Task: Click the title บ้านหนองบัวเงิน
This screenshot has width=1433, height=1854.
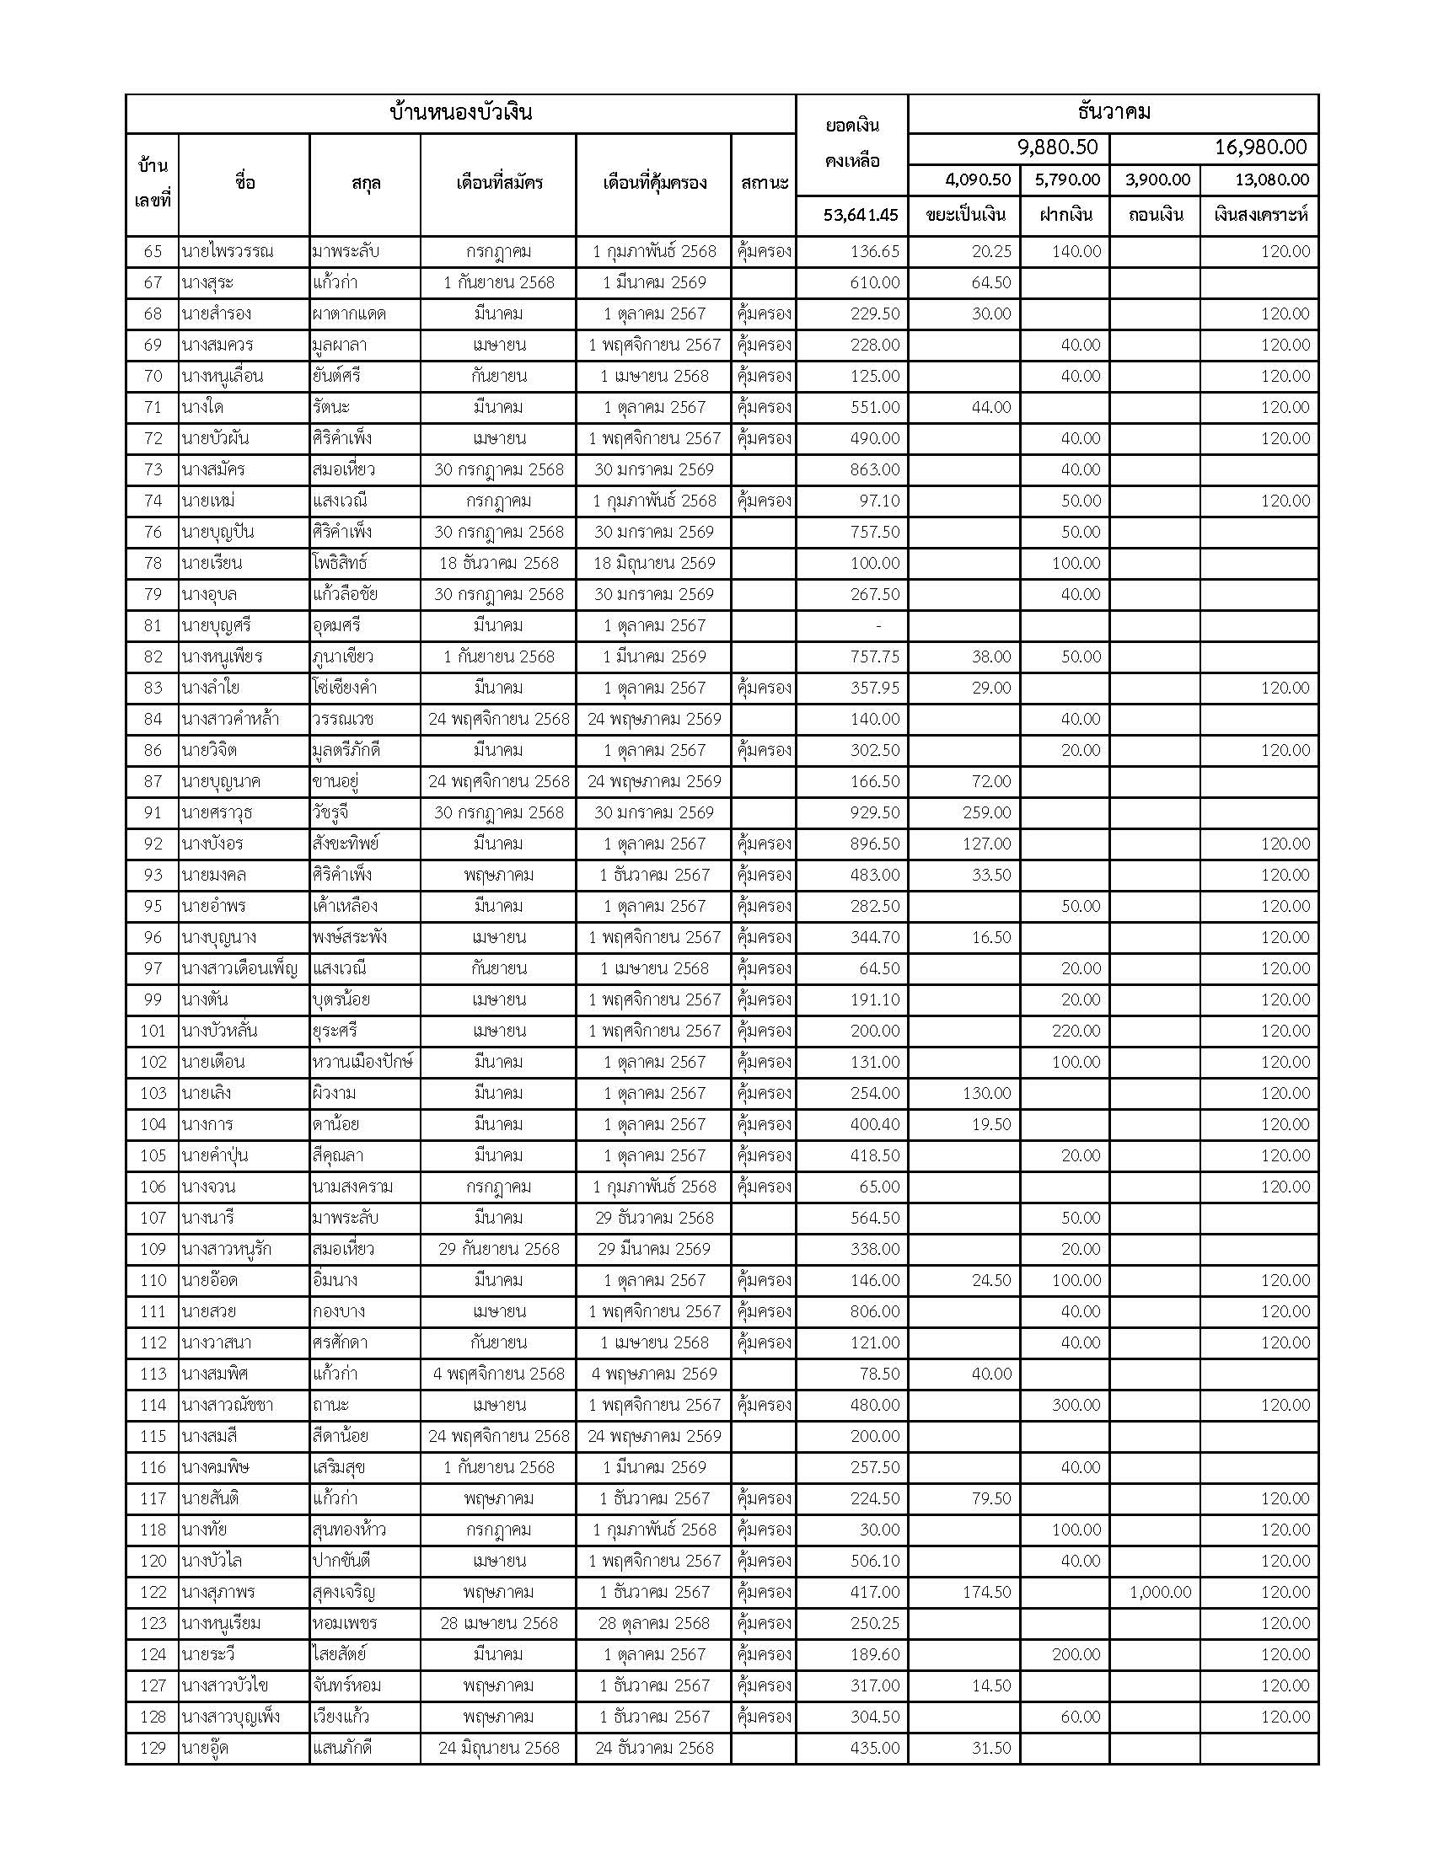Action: [x=460, y=113]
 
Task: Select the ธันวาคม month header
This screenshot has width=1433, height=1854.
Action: [x=1113, y=113]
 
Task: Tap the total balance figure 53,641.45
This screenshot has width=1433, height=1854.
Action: [x=860, y=215]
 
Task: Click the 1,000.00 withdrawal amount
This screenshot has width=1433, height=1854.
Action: [x=1161, y=1593]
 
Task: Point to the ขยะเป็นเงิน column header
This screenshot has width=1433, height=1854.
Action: [x=965, y=215]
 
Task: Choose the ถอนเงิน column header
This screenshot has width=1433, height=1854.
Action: [x=1156, y=215]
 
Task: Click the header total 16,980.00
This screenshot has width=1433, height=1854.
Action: [x=1260, y=147]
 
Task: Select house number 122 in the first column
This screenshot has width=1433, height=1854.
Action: [x=153, y=1593]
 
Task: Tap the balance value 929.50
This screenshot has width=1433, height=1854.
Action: [x=874, y=812]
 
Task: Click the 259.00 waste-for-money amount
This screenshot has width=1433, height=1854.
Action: [x=986, y=812]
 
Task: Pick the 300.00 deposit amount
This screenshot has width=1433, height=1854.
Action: [x=1076, y=1405]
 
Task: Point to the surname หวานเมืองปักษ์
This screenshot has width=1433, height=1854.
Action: [x=362, y=1062]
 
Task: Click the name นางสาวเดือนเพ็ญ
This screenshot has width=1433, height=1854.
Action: [x=239, y=968]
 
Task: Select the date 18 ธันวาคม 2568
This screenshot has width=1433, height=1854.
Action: [x=498, y=563]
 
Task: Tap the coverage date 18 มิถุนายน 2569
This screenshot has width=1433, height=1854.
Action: [x=653, y=563]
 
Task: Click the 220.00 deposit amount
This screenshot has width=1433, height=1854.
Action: [x=1076, y=1031]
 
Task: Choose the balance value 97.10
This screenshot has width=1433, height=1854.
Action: [x=878, y=501]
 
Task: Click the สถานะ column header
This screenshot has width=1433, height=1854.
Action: [x=764, y=184]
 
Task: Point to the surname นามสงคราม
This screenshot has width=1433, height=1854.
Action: [x=352, y=1187]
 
